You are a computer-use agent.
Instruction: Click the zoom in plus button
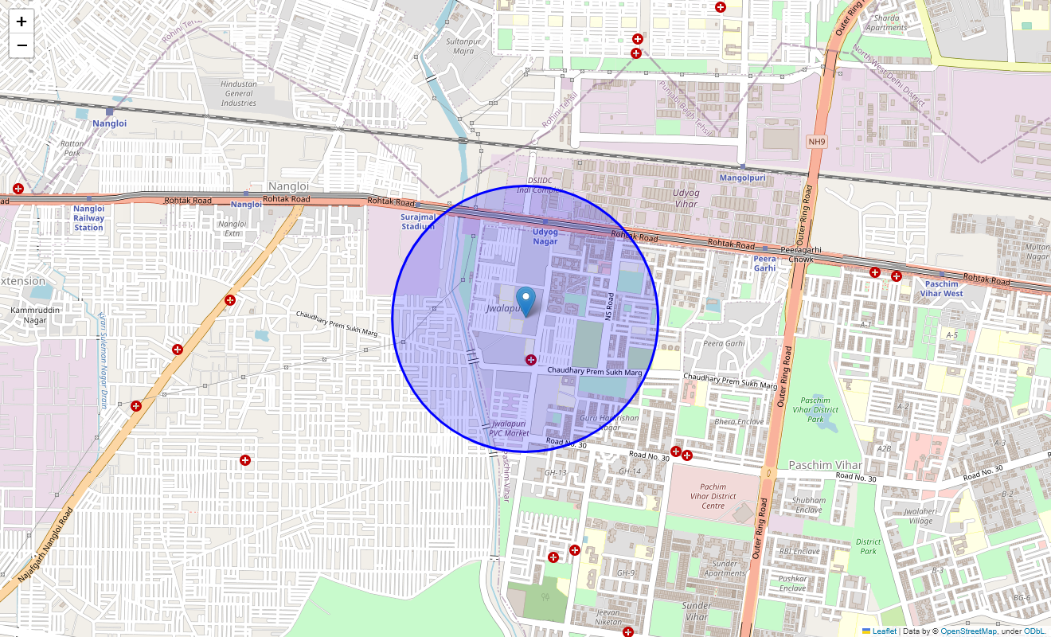pyautogui.click(x=21, y=21)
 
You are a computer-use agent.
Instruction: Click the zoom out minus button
pyautogui.click(x=21, y=45)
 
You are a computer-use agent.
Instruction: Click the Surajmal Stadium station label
pyautogui.click(x=418, y=221)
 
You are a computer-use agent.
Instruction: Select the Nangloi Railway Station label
pyautogui.click(x=88, y=218)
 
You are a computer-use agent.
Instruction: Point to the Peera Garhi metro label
pyautogui.click(x=764, y=264)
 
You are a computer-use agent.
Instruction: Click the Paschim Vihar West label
pyautogui.click(x=942, y=288)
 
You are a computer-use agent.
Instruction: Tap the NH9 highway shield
pyautogui.click(x=816, y=142)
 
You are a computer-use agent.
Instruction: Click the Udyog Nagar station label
pyautogui.click(x=545, y=236)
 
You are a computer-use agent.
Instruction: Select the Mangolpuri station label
pyautogui.click(x=742, y=178)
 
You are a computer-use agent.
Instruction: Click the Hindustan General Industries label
pyautogui.click(x=239, y=93)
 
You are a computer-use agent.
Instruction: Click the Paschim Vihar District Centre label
pyautogui.click(x=713, y=496)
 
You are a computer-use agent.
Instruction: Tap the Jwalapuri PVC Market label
pyautogui.click(x=510, y=428)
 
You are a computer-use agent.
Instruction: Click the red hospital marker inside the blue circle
pyautogui.click(x=531, y=361)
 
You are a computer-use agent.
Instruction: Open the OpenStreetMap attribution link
pyautogui.click(x=968, y=631)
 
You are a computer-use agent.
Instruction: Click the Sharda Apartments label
pyautogui.click(x=886, y=22)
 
